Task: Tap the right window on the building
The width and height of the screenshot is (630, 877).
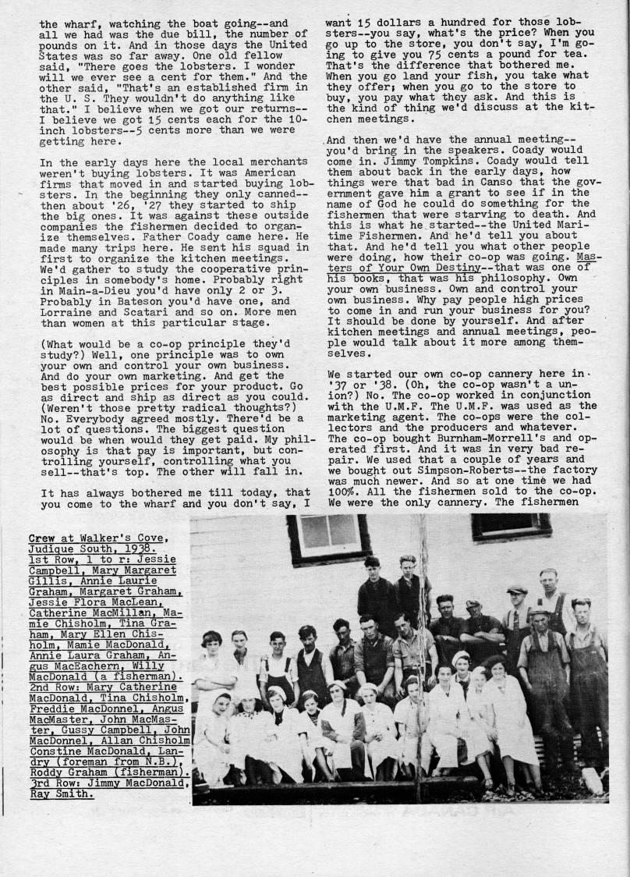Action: click(x=511, y=526)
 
